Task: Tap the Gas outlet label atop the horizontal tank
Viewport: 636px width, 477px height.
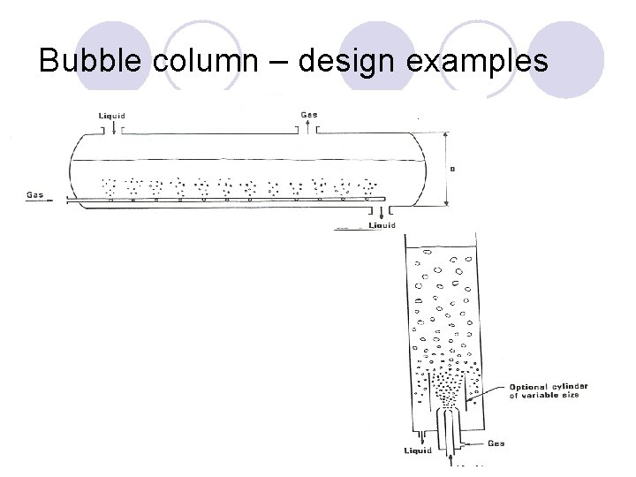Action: click(x=309, y=115)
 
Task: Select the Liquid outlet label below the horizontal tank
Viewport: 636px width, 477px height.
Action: click(x=382, y=226)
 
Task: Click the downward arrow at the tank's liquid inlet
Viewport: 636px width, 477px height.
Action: click(x=112, y=129)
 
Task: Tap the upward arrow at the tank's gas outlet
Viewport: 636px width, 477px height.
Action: click(x=308, y=129)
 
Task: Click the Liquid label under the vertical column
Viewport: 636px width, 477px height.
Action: click(x=418, y=450)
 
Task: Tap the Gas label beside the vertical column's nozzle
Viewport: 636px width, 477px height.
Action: click(x=496, y=443)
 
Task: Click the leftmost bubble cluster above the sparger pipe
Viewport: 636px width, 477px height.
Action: click(x=110, y=187)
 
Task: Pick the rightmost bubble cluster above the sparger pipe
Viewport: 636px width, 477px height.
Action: click(x=366, y=187)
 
